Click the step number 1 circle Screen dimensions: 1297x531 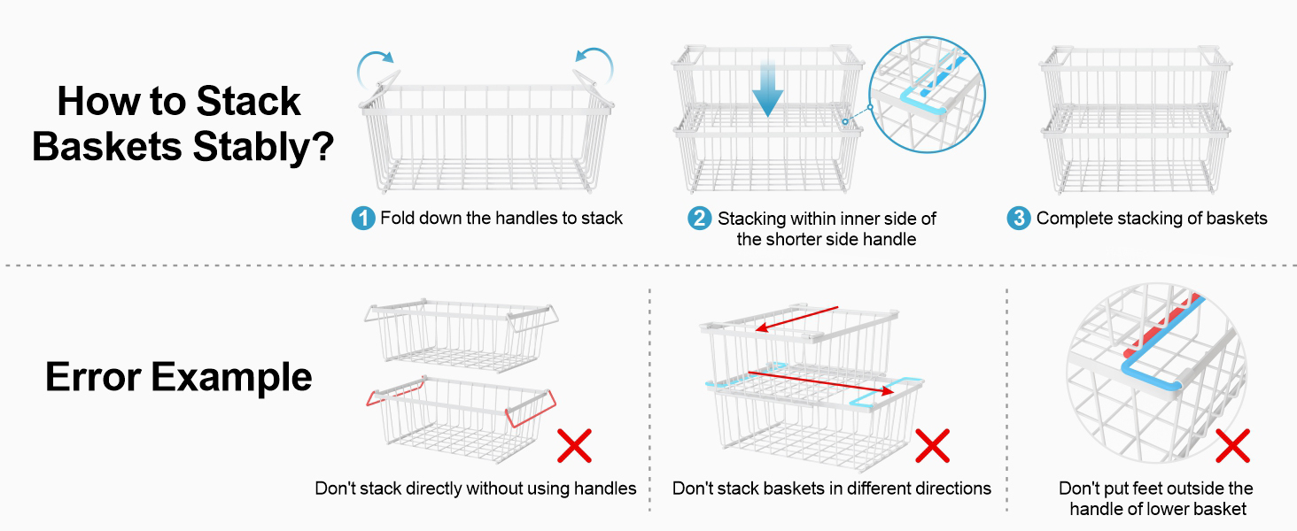pyautogui.click(x=363, y=219)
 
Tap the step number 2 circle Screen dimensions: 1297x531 pyautogui.click(x=700, y=219)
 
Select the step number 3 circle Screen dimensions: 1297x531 pyautogui.click(x=1019, y=219)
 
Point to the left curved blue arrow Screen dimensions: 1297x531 pyautogui.click(x=376, y=64)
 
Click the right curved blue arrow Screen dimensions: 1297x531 pyautogui.click(x=594, y=64)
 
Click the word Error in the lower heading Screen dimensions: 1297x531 pyautogui.click(x=92, y=378)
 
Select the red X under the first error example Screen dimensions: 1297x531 pyautogui.click(x=574, y=445)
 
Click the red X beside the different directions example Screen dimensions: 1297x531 pyautogui.click(x=932, y=445)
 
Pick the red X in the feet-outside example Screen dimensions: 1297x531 pyautogui.click(x=1232, y=445)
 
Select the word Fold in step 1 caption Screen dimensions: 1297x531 pyautogui.click(x=397, y=219)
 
